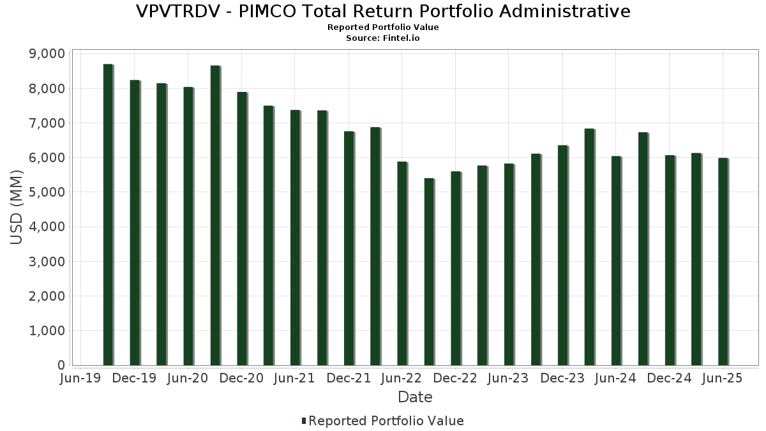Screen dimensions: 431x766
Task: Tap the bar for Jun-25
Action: pyautogui.click(x=723, y=261)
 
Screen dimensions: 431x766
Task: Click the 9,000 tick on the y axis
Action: pyautogui.click(x=47, y=54)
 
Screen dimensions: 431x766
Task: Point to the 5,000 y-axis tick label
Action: pyautogui.click(x=47, y=192)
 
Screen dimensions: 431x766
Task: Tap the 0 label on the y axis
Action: pyautogui.click(x=61, y=365)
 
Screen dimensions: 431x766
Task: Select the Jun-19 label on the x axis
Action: pyautogui.click(x=79, y=379)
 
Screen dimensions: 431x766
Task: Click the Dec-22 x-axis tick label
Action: pyautogui.click(x=455, y=379)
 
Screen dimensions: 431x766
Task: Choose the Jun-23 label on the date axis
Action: pyautogui.click(x=508, y=379)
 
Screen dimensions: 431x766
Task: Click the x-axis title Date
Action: pyautogui.click(x=415, y=397)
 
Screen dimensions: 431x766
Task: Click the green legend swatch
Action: pyautogui.click(x=304, y=421)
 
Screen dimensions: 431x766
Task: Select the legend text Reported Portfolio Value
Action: pyautogui.click(x=386, y=421)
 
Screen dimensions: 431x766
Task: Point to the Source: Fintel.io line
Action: pyautogui.click(x=383, y=38)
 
